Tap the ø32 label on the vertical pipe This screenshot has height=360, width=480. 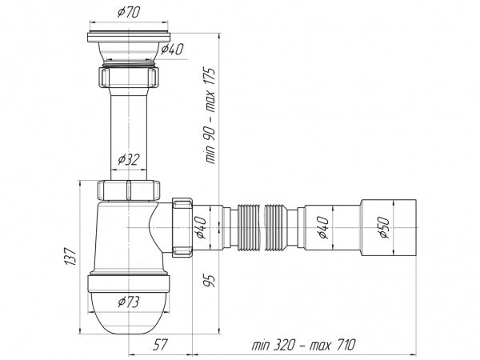coord(129,159)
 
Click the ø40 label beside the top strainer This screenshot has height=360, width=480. coord(171,50)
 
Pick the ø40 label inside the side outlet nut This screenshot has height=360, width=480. coord(200,227)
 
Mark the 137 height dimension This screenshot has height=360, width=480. coord(70,257)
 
